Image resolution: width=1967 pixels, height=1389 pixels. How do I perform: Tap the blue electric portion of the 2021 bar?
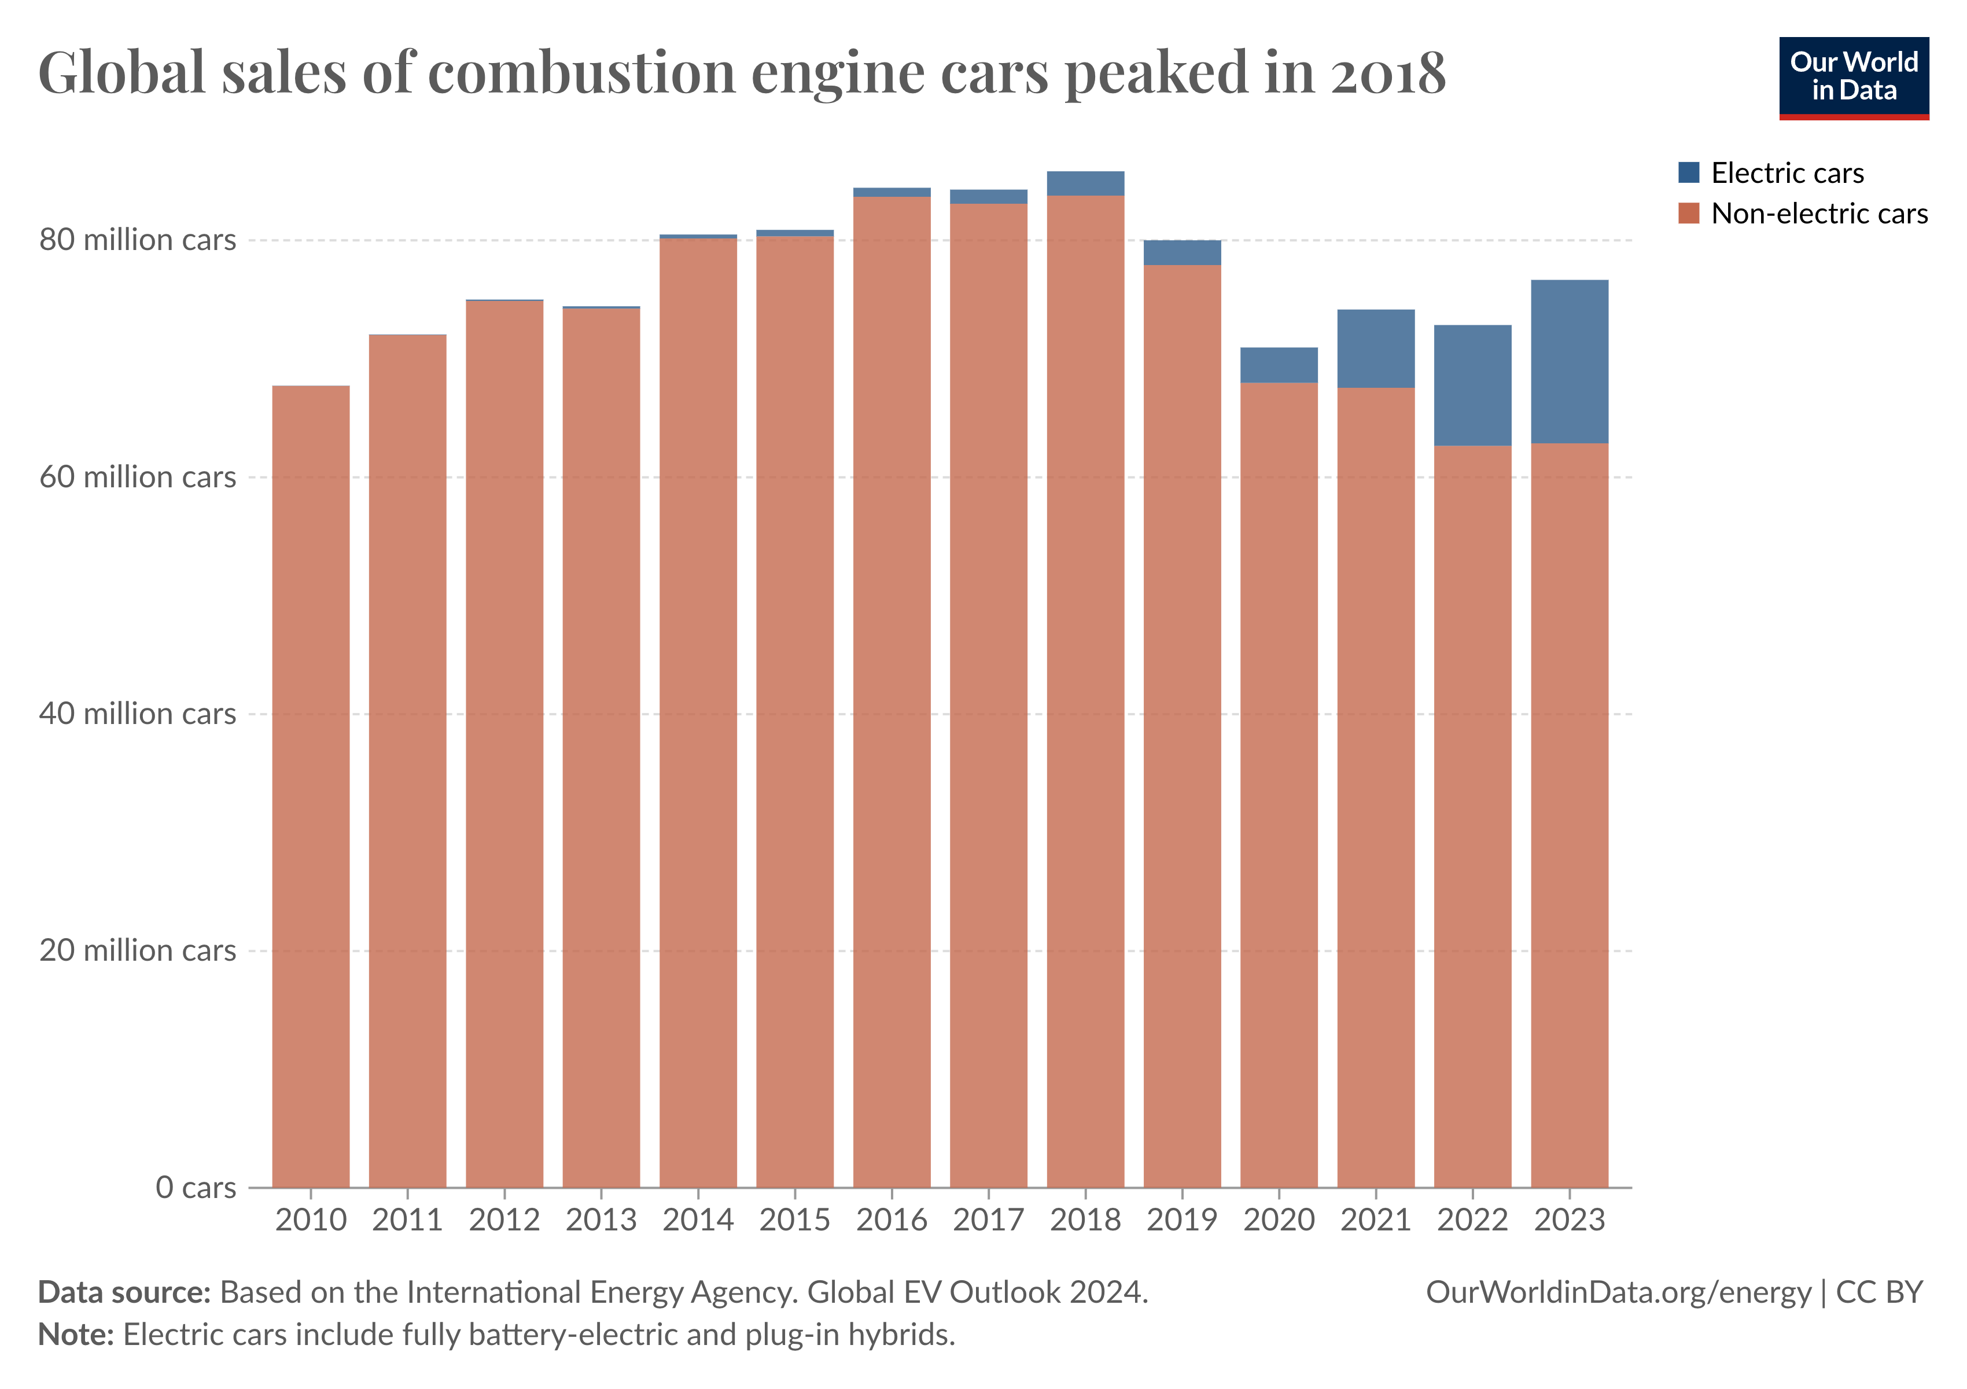point(1375,349)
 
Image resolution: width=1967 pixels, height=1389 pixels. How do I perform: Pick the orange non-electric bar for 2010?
point(311,786)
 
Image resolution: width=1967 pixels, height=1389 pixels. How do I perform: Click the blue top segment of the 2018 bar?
point(1085,183)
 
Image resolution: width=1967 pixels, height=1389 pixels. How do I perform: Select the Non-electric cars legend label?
point(1819,214)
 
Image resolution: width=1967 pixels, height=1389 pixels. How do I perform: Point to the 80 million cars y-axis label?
point(137,240)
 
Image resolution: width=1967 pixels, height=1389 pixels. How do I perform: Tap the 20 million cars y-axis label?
point(137,950)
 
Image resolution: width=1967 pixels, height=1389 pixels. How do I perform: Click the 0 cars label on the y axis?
point(196,1188)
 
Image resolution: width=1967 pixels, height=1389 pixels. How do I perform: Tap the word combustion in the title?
point(581,73)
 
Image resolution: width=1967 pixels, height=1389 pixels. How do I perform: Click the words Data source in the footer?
point(124,1292)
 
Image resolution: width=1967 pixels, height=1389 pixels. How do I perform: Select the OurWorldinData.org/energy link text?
point(1618,1292)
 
